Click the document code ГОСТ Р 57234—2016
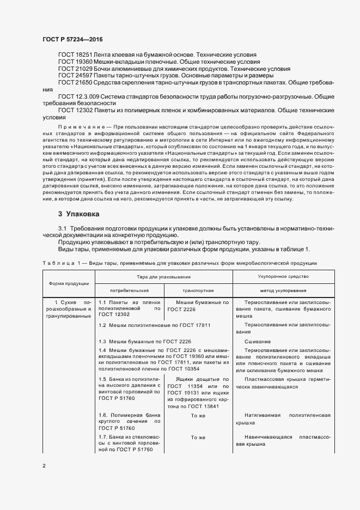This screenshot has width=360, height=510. (72, 40)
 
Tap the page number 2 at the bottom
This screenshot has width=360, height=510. (44, 466)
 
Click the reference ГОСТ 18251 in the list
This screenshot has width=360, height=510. (75, 55)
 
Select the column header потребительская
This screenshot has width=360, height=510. (129, 290)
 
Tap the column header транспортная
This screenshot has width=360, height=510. (198, 290)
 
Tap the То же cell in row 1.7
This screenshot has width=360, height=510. (198, 438)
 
